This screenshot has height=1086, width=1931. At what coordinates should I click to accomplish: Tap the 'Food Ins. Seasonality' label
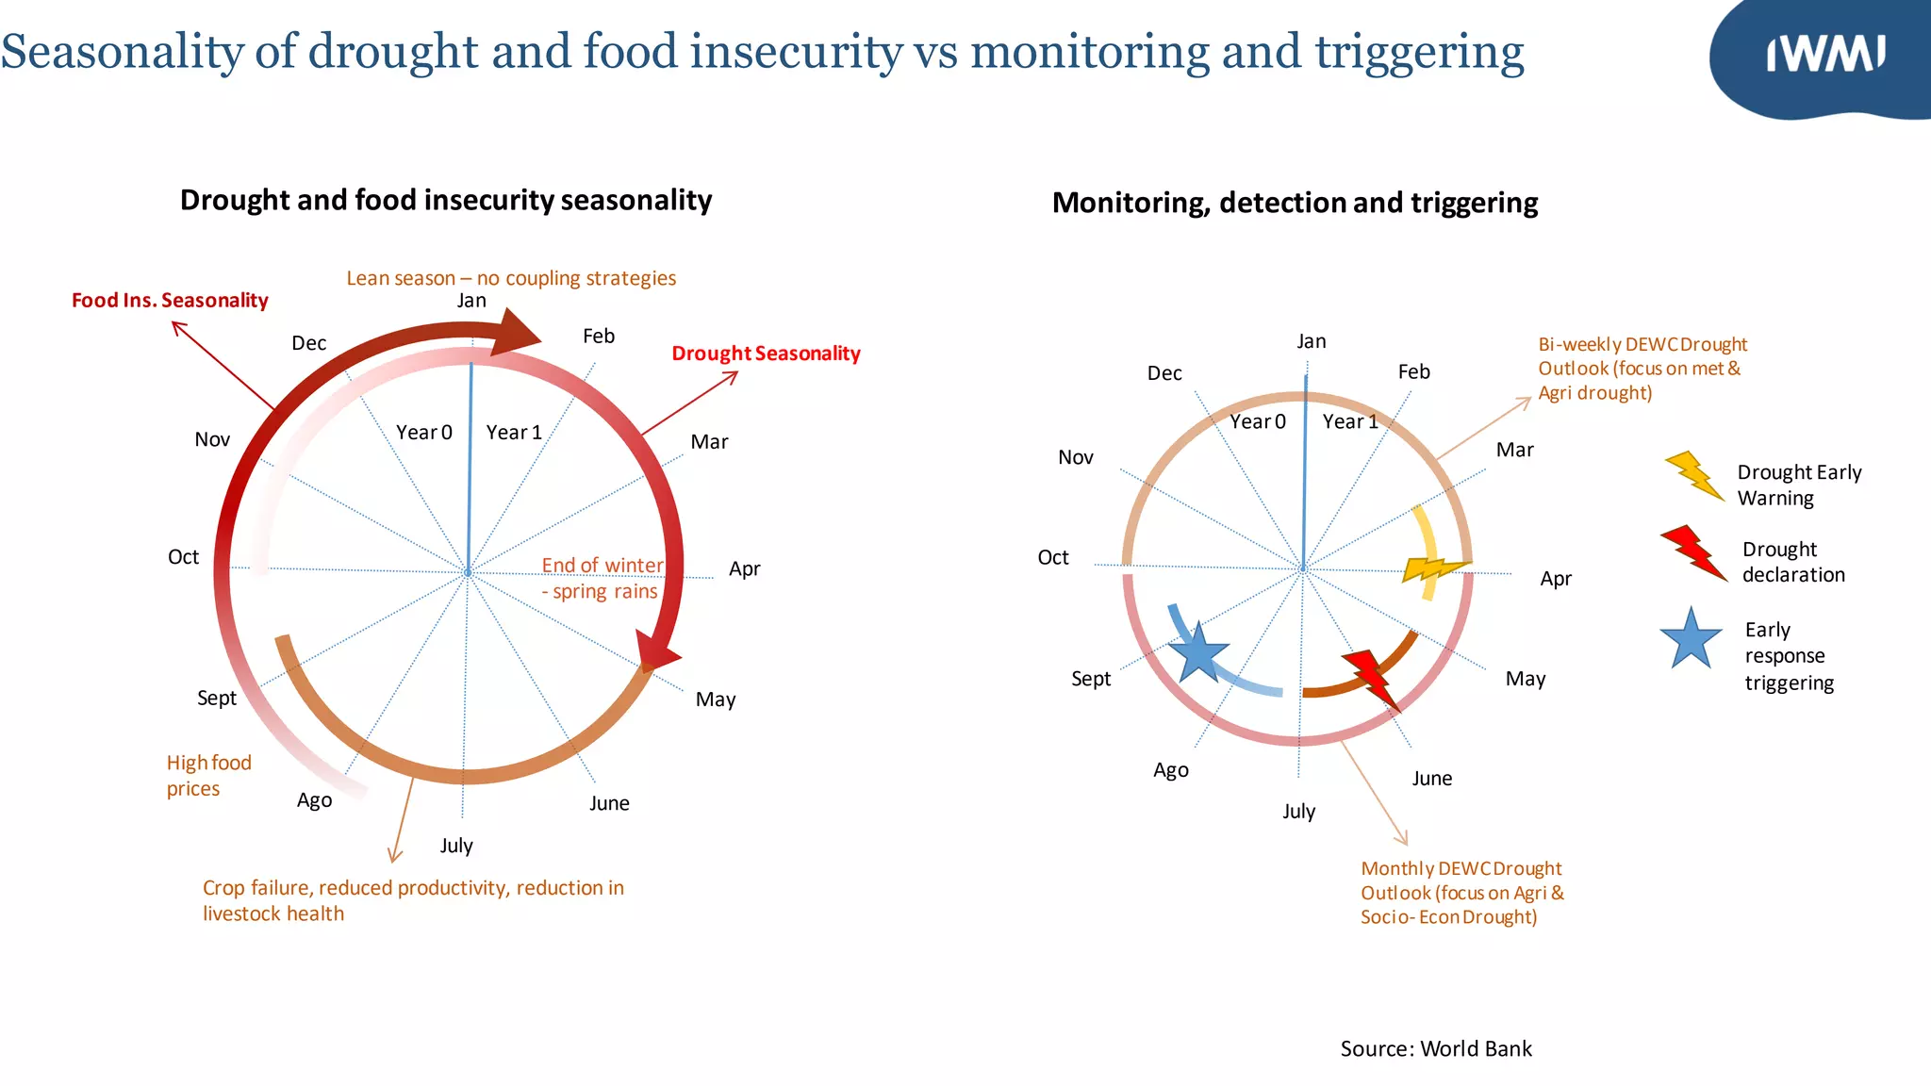tap(170, 301)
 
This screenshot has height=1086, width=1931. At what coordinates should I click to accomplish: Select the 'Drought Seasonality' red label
tap(766, 354)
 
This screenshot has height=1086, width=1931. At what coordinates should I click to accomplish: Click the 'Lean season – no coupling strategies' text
tap(511, 278)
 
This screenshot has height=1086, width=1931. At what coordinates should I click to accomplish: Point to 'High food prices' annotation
tap(208, 775)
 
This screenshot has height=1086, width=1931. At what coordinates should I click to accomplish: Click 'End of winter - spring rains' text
tap(602, 578)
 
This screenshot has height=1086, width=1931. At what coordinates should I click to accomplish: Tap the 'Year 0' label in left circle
tap(423, 432)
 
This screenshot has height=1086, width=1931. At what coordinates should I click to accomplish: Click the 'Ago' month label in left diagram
tap(314, 800)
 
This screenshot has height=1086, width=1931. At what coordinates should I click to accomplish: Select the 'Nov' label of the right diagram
tap(1075, 457)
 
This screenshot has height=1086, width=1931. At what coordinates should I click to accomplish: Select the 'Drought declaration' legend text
tap(1792, 562)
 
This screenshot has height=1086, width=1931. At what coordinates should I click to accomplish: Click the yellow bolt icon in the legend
tap(1694, 474)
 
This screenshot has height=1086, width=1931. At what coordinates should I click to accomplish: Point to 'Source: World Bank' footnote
tap(1435, 1048)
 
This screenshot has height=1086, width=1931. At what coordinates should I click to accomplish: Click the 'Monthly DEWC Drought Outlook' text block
tap(1461, 892)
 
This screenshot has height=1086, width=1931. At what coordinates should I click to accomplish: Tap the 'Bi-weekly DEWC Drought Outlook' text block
tap(1642, 369)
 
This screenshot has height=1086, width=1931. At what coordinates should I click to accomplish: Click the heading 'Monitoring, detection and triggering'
tap(1295, 203)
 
